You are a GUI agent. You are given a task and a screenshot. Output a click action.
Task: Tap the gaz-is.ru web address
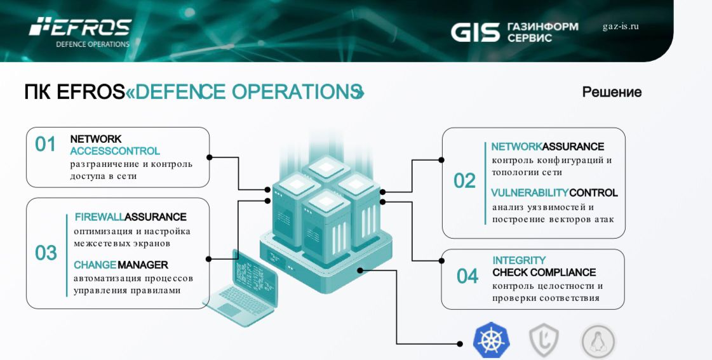pyautogui.click(x=620, y=27)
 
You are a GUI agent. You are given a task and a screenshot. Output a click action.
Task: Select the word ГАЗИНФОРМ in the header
pyautogui.click(x=542, y=27)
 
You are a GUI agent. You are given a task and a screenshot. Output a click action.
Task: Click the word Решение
pyautogui.click(x=612, y=92)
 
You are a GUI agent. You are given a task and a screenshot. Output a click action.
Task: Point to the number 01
pyautogui.click(x=46, y=144)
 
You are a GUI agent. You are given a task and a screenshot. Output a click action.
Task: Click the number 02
pyautogui.click(x=464, y=181)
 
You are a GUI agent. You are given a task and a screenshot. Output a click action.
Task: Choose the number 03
pyautogui.click(x=46, y=253)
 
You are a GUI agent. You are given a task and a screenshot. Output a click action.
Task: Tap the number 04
pyautogui.click(x=467, y=276)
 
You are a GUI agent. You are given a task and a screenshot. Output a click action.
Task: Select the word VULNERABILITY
pyautogui.click(x=530, y=193)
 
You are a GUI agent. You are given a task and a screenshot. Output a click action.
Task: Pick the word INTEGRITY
pyautogui.click(x=519, y=260)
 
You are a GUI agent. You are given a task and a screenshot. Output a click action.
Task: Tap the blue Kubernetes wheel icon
pyautogui.click(x=491, y=341)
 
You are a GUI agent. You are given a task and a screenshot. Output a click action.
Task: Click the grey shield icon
pyautogui.click(x=544, y=342)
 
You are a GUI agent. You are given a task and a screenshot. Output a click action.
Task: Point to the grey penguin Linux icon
pyautogui.click(x=598, y=342)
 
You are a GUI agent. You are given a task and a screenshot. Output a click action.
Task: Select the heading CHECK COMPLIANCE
pyautogui.click(x=544, y=272)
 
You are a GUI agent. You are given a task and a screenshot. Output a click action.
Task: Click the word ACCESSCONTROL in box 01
pyautogui.click(x=114, y=151)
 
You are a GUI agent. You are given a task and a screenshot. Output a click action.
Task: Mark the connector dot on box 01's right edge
pyautogui.click(x=209, y=157)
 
